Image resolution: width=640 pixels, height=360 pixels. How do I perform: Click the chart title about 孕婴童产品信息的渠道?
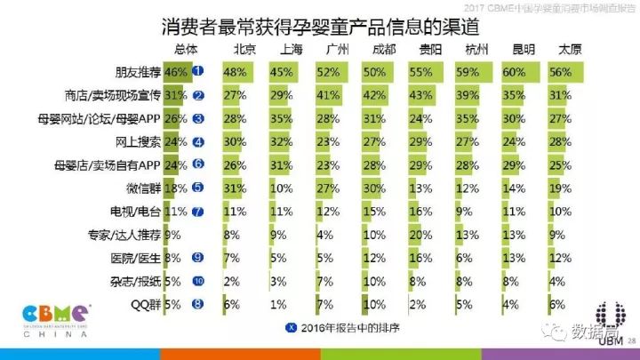pyautogui.click(x=320, y=27)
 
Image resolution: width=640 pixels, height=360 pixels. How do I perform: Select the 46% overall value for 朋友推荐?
pyautogui.click(x=174, y=71)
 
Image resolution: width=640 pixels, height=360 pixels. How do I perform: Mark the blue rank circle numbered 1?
pyautogui.click(x=199, y=71)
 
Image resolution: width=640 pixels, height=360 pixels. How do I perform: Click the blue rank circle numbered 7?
pyautogui.click(x=199, y=211)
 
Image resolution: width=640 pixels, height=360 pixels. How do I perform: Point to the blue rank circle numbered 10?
pyautogui.click(x=199, y=280)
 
